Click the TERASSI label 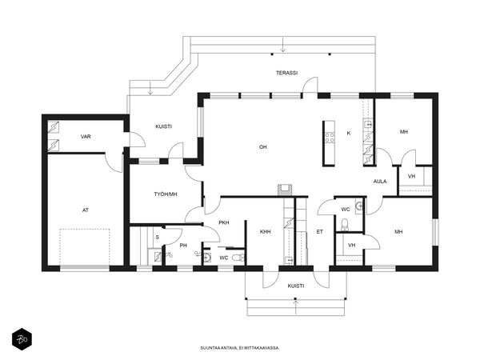point(287,73)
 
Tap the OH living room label point(263,147)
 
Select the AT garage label point(86,210)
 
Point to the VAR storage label point(86,137)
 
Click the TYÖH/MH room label point(166,194)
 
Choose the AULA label point(380,182)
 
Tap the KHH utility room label point(265,232)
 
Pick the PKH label point(224,222)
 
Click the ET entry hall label point(319,232)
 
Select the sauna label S point(158,238)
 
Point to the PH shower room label point(183,246)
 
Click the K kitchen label point(349,133)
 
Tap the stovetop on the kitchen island point(330,138)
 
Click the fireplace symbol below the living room point(285,190)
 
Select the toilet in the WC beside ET point(345,225)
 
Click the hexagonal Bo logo point(22,339)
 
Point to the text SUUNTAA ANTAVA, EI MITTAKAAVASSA point(240,348)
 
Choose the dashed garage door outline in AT point(85,247)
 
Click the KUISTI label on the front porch point(296,286)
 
